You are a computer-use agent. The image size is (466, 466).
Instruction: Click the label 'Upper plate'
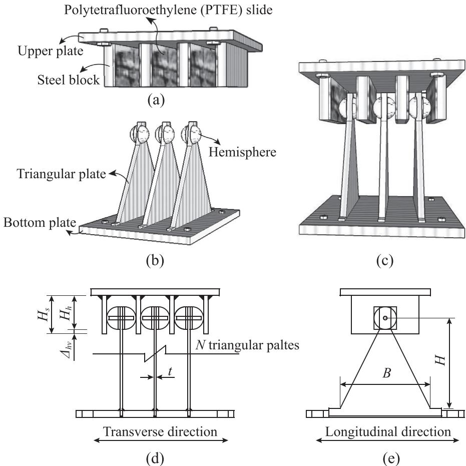click(51, 51)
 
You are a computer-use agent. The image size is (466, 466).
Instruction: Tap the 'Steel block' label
click(69, 80)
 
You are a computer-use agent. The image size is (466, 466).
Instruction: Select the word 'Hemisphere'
click(242, 152)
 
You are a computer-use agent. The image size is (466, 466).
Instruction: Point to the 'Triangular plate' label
click(61, 174)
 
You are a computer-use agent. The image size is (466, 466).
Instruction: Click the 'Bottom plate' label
click(40, 223)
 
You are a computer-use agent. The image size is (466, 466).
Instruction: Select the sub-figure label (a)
click(156, 100)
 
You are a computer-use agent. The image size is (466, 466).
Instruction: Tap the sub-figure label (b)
click(155, 260)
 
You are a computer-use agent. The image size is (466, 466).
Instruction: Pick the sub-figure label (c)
click(384, 260)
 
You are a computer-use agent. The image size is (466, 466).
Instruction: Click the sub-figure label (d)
click(155, 458)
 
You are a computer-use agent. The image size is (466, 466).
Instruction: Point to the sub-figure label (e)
click(391, 458)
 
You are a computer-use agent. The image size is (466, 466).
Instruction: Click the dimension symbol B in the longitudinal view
click(386, 373)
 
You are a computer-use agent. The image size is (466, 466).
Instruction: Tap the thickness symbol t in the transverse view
click(170, 371)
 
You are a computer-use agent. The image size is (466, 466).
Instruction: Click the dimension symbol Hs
click(44, 314)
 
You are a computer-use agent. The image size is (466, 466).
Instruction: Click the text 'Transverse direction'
click(160, 431)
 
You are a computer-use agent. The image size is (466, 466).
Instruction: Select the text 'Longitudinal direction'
click(388, 431)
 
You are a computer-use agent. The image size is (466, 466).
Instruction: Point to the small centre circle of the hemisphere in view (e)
click(385, 318)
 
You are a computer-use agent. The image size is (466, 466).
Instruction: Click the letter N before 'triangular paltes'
click(201, 345)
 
